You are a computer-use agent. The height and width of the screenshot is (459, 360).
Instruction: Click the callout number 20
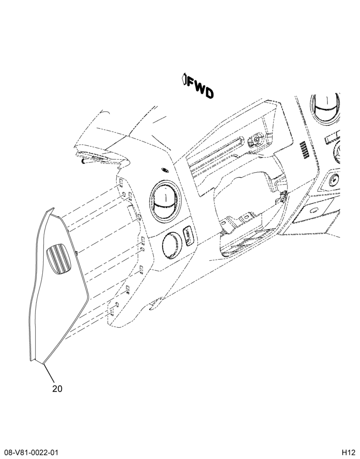point(57,389)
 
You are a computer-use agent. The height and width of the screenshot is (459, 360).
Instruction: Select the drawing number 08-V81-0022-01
point(29,453)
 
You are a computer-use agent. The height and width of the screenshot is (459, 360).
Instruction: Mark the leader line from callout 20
point(49,373)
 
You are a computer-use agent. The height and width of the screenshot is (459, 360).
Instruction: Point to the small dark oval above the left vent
point(165,170)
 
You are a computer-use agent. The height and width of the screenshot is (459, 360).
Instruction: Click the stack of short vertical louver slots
point(303,150)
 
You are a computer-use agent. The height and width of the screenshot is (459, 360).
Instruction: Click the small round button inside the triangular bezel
point(334,179)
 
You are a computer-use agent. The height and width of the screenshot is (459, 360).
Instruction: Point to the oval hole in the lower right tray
point(314,210)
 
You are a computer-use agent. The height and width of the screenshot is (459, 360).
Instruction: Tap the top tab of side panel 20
point(51,211)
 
